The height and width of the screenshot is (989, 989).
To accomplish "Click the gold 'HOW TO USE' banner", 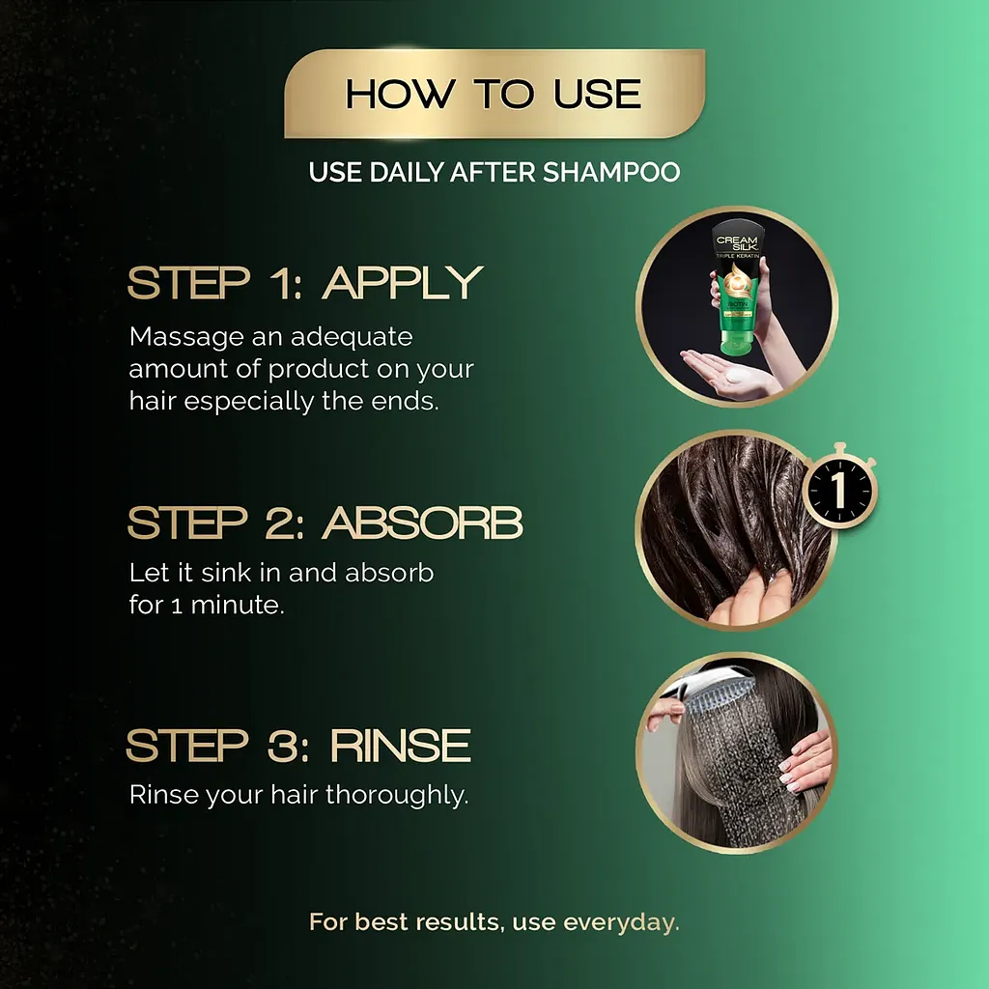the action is click(x=494, y=94).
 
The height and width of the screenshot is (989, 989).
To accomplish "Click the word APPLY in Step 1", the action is click(x=403, y=283).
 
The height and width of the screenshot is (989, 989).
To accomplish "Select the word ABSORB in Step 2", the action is click(x=422, y=523).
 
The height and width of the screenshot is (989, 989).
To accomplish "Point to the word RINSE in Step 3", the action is click(x=401, y=746).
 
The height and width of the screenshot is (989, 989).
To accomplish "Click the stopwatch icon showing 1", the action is click(x=839, y=487).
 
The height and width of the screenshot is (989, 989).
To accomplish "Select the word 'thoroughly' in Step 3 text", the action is click(x=397, y=795).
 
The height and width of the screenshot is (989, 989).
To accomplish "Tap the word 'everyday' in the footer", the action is click(x=621, y=922).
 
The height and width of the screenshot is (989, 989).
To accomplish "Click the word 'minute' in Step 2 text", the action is click(x=237, y=605).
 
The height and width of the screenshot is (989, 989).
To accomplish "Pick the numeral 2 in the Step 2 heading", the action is click(x=283, y=523).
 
